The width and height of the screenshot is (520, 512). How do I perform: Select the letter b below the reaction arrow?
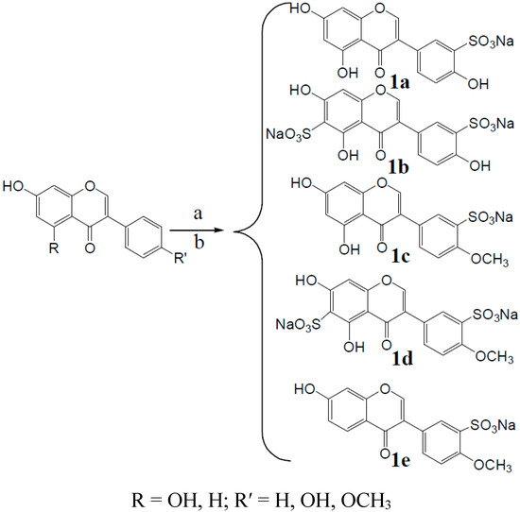pos(195,242)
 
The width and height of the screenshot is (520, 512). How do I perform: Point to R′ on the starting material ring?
pos(158,278)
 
